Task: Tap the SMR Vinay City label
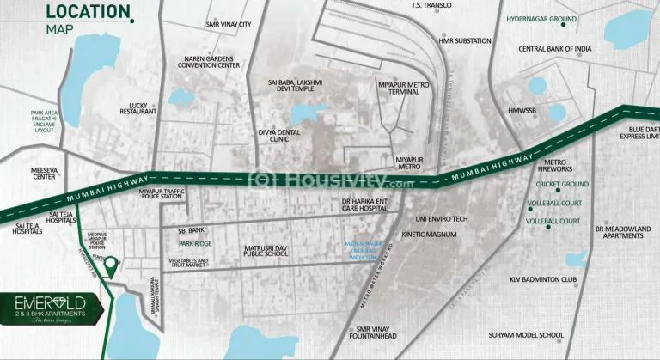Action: click(x=228, y=25)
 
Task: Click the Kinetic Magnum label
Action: click(x=426, y=235)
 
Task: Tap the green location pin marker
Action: click(x=110, y=267)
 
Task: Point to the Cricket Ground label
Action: click(x=562, y=184)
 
